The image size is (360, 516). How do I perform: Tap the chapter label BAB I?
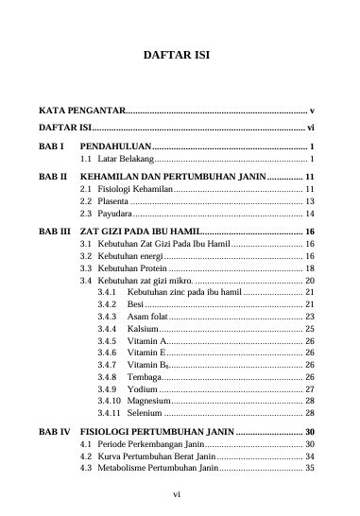click(x=50, y=147)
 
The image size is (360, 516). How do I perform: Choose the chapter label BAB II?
click(x=52, y=177)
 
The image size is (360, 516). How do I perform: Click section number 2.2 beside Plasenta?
click(x=86, y=202)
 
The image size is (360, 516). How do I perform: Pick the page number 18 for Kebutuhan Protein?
click(x=309, y=269)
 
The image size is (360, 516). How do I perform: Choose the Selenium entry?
click(x=146, y=413)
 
